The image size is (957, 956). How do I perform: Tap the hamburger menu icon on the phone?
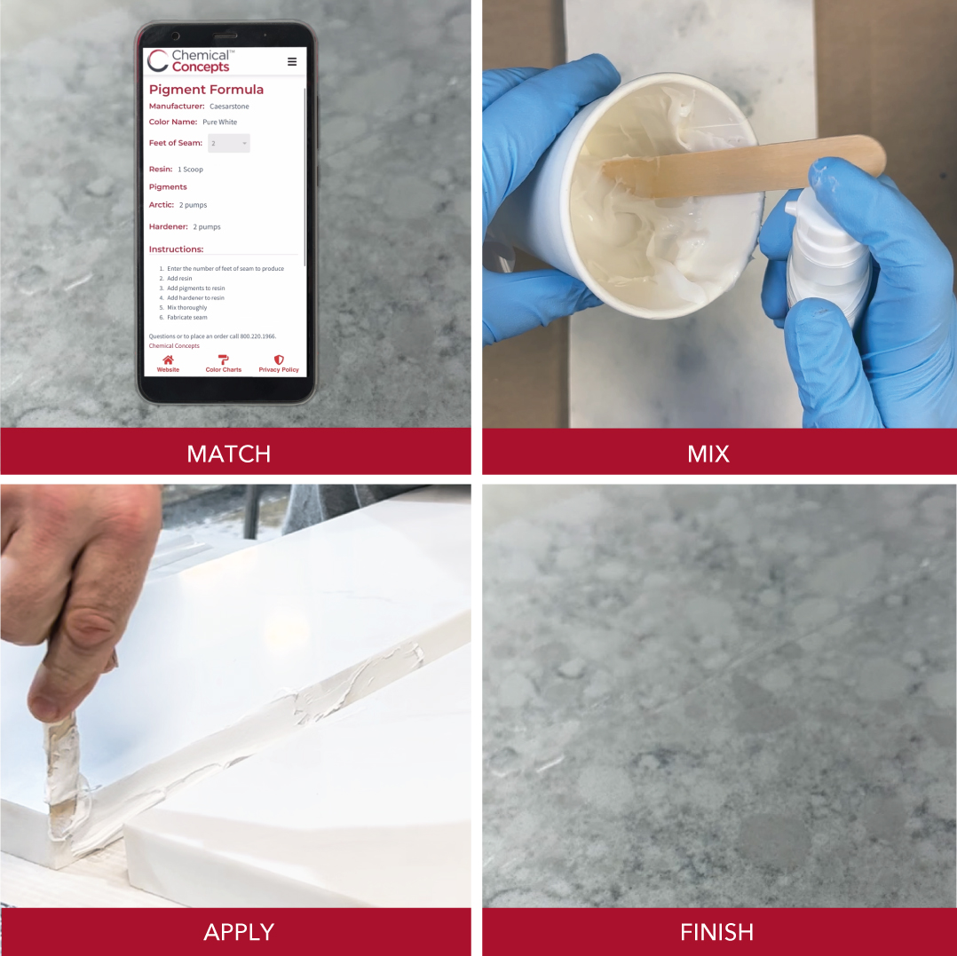pyautogui.click(x=292, y=61)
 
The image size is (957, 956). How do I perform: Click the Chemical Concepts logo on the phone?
pyautogui.click(x=188, y=61)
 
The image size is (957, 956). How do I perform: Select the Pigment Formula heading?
pyautogui.click(x=206, y=90)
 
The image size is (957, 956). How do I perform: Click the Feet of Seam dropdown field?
pyautogui.click(x=229, y=144)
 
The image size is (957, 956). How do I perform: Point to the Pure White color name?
pyautogui.click(x=220, y=122)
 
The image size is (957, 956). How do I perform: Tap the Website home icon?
pyautogui.click(x=168, y=360)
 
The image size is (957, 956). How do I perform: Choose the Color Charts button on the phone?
pyautogui.click(x=224, y=364)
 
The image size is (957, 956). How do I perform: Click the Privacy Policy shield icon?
pyautogui.click(x=279, y=360)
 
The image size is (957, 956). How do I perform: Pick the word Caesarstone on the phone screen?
pyautogui.click(x=229, y=107)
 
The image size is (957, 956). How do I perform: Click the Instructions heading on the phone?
pyautogui.click(x=177, y=249)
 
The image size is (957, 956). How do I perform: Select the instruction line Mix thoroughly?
pyautogui.click(x=186, y=307)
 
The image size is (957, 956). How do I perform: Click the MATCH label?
pyautogui.click(x=229, y=454)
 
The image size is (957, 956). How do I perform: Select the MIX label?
pyautogui.click(x=708, y=454)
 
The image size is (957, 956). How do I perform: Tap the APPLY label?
pyautogui.click(x=239, y=932)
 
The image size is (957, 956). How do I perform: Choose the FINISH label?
pyautogui.click(x=717, y=932)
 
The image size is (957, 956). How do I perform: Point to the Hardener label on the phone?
pyautogui.click(x=169, y=226)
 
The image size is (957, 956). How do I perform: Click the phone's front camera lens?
pyautogui.click(x=176, y=36)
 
